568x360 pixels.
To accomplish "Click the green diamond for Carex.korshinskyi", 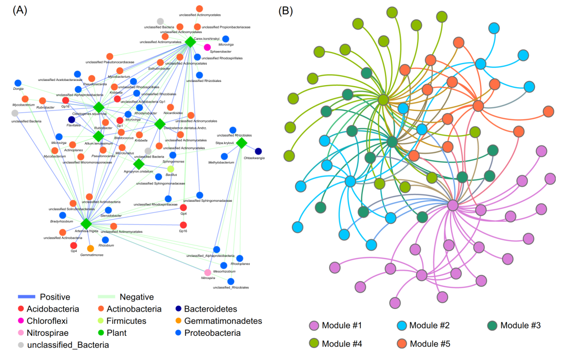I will point(190,42).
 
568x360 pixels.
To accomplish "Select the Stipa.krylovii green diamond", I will point(241,142).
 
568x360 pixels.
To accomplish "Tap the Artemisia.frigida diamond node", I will point(87,224).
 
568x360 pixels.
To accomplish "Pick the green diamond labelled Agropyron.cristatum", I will point(139,164).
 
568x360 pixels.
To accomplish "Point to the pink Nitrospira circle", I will point(208,272).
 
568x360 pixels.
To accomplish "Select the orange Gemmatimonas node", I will point(90,248).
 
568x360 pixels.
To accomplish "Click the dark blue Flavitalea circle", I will point(72,119).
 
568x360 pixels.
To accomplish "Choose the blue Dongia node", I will point(18,83).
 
